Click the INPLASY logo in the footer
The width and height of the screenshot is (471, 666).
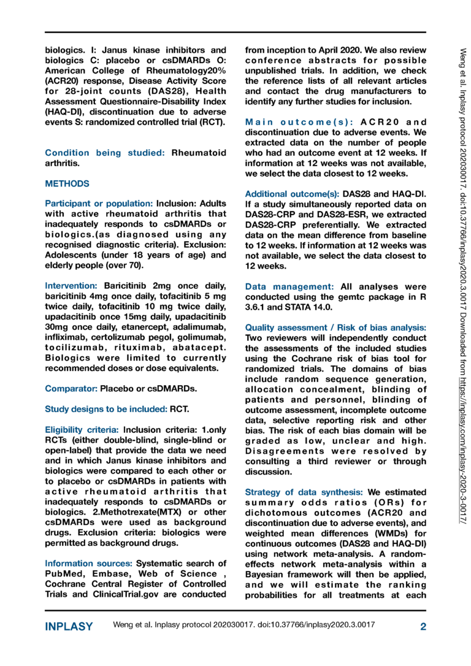pos(69,627)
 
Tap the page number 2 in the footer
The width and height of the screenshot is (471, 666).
pos(423,627)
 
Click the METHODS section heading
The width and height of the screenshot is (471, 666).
pos(67,183)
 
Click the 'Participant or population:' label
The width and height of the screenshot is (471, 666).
pos(99,202)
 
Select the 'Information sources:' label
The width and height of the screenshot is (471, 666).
pos(90,564)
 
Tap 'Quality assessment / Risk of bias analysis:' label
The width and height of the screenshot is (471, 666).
pos(335,327)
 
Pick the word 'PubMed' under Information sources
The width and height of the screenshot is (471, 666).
pos(65,573)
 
